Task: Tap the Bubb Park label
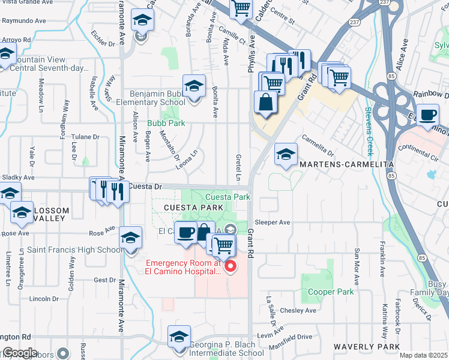(x=166, y=123)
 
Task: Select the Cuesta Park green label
(x=228, y=197)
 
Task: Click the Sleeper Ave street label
(x=273, y=222)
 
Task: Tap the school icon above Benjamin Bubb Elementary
(x=194, y=86)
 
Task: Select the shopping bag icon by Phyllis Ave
(x=265, y=103)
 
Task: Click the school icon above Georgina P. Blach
(x=179, y=337)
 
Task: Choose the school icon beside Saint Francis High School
(x=130, y=238)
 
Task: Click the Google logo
(x=19, y=353)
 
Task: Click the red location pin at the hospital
(x=229, y=266)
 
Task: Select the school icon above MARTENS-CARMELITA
(x=286, y=154)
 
